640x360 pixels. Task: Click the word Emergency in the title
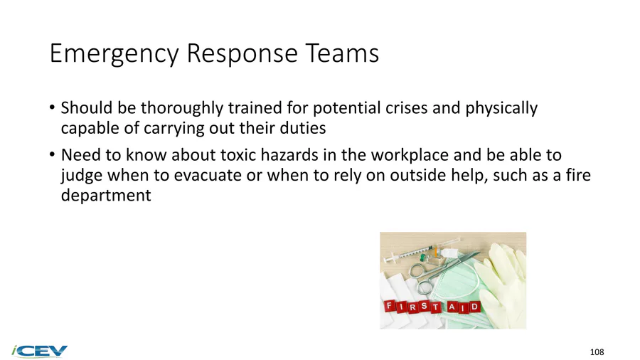tap(114, 54)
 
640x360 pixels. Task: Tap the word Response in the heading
tap(242, 54)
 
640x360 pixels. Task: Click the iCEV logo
tap(39, 351)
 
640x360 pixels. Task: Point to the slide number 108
tap(597, 352)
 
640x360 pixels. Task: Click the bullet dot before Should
tap(52, 107)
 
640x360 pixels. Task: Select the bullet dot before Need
tap(52, 155)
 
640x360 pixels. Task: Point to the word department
tap(106, 196)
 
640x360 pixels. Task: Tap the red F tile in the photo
tap(390, 305)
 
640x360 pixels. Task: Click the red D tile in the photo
tap(474, 307)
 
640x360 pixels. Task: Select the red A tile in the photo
tap(452, 307)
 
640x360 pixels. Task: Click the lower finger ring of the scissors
tap(425, 286)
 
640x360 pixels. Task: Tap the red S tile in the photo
tap(424, 305)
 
